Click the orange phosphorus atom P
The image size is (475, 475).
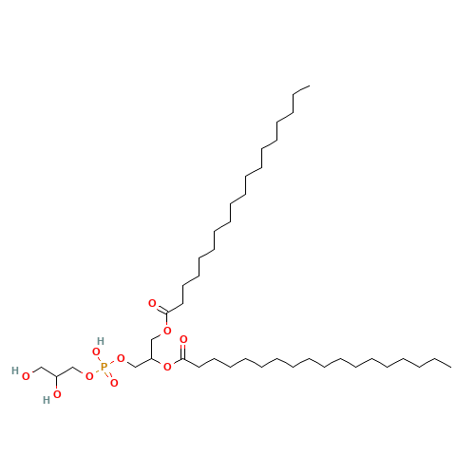tap(104, 366)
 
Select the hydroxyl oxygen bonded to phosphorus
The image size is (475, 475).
tap(96, 352)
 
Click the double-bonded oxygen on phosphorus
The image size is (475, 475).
tap(113, 382)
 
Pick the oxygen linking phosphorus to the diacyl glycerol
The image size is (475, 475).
tap(121, 358)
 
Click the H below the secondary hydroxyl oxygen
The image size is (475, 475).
tap(45, 400)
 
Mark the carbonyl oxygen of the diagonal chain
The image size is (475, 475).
tap(152, 303)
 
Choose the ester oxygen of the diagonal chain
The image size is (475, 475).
tap(167, 331)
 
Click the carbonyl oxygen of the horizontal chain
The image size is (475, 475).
tap(183, 339)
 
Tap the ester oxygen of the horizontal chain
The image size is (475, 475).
tap(167, 366)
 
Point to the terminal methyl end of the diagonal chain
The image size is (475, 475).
tap(309, 87)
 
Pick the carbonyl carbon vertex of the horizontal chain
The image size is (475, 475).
tap(184, 359)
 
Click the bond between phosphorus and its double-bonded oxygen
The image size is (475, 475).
tap(108, 374)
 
